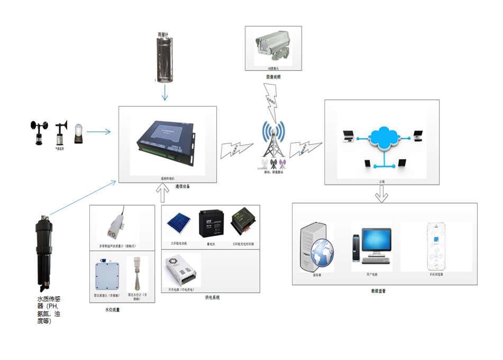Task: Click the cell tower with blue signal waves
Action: [x=273, y=140]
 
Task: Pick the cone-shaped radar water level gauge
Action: [x=138, y=273]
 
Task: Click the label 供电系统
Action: [x=212, y=298]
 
